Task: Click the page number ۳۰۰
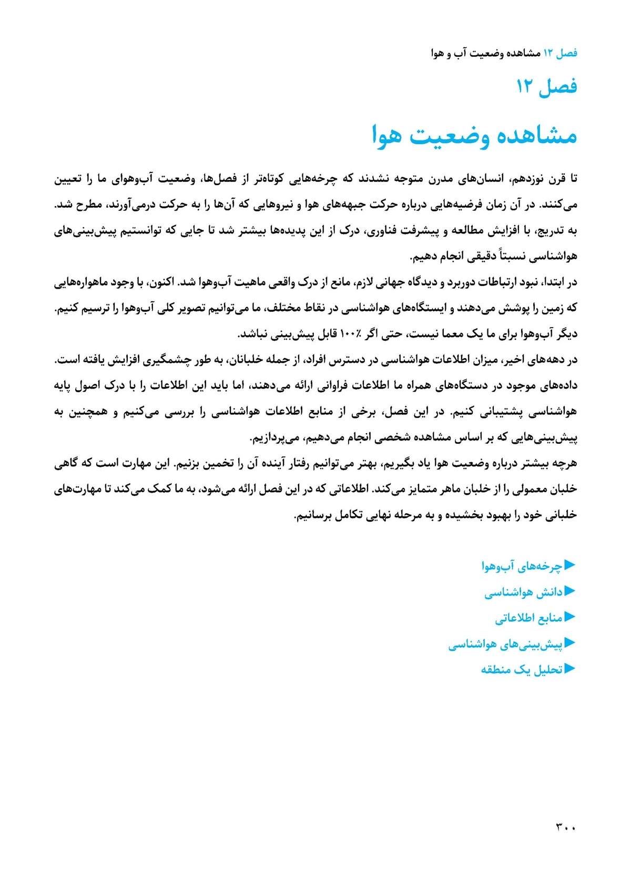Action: click(x=566, y=828)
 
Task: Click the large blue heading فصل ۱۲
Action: click(x=547, y=86)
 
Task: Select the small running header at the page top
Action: click(x=504, y=53)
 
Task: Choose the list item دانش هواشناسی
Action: click(x=523, y=592)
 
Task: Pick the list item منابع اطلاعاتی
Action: click(x=528, y=618)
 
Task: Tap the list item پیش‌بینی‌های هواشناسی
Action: click(x=505, y=644)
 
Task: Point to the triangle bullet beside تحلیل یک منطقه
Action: click(x=570, y=669)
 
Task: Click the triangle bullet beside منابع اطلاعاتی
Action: click(x=570, y=617)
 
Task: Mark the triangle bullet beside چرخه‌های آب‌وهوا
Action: click(x=570, y=565)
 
